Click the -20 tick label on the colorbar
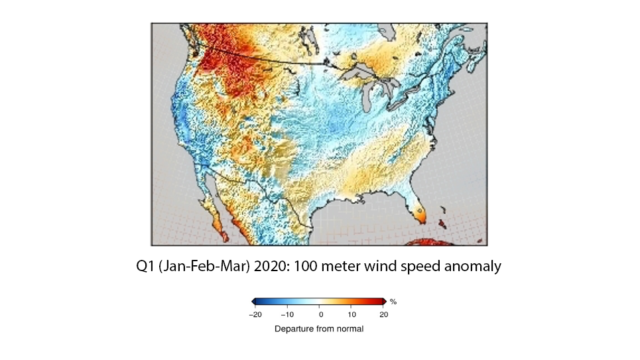pos(255,314)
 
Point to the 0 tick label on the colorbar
pos(320,314)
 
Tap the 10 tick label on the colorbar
pos(352,314)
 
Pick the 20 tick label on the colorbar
pos(384,314)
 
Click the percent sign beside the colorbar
pos(393,302)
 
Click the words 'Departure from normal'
pos(320,328)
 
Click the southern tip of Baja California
pos(225,235)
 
